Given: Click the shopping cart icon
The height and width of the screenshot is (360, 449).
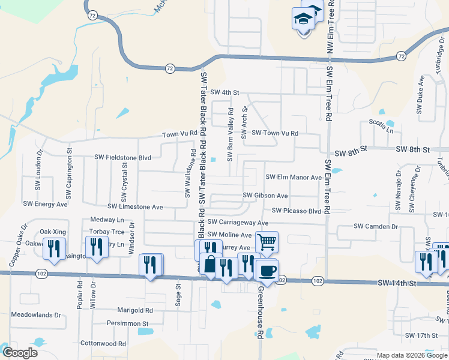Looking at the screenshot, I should coord(267,242).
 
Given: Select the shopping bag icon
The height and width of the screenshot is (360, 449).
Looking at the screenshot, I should coord(210,265).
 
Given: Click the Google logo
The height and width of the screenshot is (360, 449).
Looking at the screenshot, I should coord(20,353).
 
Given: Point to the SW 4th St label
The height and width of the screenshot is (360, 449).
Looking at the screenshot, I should coord(225,93).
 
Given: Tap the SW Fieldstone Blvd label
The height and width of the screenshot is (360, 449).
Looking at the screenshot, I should coord(123,157).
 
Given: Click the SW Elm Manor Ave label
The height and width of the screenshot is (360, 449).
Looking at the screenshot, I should coord(294,178).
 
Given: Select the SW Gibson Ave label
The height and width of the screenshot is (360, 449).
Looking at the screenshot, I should coord(265,196).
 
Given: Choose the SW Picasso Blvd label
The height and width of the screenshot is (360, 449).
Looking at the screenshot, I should coord(297,211).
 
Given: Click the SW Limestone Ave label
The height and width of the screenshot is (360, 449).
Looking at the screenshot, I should coord(135,207).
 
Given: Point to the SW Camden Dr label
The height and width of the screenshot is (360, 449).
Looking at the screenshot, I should coord(376,226).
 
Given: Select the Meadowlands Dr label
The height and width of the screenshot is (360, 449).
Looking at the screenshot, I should coord(36,314).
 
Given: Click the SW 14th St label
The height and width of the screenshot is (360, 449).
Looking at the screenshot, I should coord(397,282).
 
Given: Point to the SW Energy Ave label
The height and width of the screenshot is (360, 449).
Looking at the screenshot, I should coord(45,203).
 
